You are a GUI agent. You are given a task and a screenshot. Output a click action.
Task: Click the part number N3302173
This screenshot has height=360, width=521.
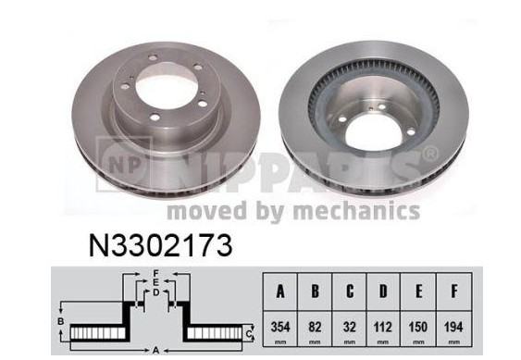[160, 245]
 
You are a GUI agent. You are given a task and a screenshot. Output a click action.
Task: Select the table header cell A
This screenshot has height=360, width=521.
[280, 292]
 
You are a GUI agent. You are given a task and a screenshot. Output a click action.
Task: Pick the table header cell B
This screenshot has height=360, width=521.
[315, 292]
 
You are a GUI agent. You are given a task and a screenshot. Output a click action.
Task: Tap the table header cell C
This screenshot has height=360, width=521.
[349, 292]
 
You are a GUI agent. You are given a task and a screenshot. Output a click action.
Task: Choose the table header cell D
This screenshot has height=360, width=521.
[383, 292]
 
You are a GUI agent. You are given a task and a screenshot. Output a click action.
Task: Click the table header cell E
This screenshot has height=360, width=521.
[418, 292]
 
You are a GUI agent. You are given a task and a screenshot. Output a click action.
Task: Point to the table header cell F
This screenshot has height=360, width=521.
[453, 292]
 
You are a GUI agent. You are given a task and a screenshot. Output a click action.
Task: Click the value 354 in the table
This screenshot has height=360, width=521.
[280, 327]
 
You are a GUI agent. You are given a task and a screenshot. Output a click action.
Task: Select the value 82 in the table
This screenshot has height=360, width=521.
[315, 327]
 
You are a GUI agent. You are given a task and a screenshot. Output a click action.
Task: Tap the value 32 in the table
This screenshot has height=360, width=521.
[349, 327]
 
